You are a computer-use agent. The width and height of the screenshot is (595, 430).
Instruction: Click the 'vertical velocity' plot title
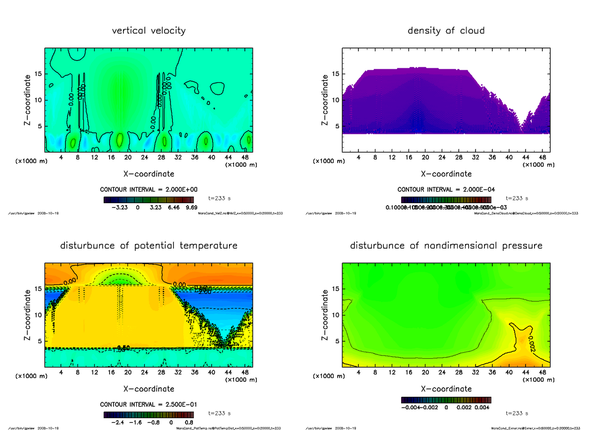(149, 31)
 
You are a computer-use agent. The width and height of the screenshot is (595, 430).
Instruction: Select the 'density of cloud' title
(446, 31)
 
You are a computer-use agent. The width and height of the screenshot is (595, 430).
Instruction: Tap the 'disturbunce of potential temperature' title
(149, 246)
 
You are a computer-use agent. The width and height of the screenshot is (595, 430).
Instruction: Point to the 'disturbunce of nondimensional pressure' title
(446, 246)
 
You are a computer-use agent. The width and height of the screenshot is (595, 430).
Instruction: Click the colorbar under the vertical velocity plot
(149, 200)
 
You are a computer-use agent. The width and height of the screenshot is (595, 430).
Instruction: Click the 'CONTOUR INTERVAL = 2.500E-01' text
(149, 404)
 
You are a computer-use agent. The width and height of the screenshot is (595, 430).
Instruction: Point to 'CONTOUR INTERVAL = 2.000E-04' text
(446, 189)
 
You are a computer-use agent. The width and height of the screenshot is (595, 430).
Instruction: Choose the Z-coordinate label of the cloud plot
(325, 100)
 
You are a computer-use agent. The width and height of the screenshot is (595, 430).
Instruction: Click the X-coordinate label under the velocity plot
(149, 174)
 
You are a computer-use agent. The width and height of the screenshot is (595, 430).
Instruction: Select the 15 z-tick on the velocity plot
(38, 74)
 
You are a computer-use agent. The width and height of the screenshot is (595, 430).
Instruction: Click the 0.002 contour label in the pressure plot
(531, 341)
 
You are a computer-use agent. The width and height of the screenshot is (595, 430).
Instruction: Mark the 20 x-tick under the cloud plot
(425, 158)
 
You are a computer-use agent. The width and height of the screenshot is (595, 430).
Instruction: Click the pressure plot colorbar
(446, 399)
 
